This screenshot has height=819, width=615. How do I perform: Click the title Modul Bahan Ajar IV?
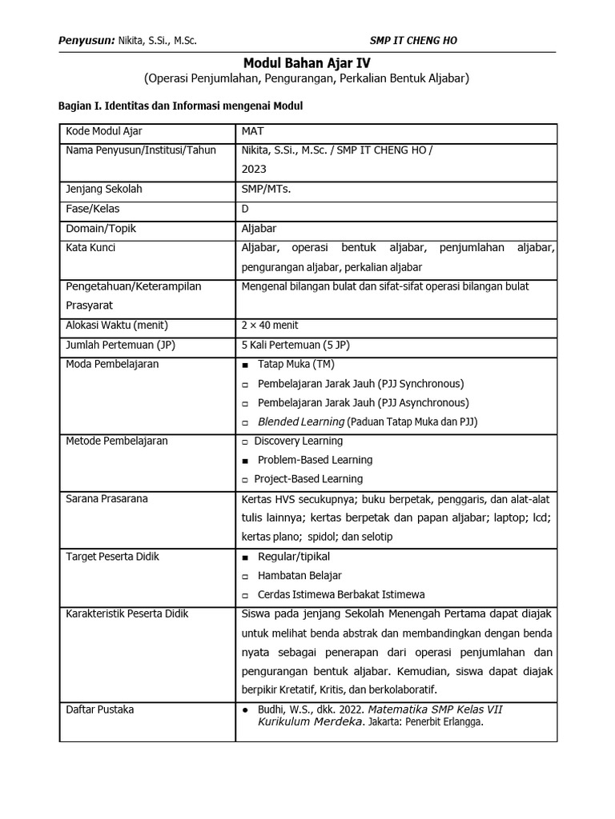click(x=307, y=62)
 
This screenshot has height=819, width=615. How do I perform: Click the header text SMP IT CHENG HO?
click(x=413, y=40)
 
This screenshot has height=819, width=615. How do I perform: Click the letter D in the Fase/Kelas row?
click(x=245, y=209)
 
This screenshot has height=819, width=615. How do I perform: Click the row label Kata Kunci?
click(x=90, y=247)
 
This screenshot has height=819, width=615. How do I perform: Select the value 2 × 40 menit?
click(x=269, y=325)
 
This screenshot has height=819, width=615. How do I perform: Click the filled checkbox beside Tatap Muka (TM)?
click(x=245, y=365)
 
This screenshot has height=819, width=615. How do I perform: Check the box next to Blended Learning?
click(x=245, y=422)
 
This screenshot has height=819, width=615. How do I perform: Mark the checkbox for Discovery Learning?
click(x=244, y=441)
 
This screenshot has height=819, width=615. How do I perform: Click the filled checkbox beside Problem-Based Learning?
click(x=245, y=461)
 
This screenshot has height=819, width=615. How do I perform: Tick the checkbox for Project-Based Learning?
click(x=244, y=480)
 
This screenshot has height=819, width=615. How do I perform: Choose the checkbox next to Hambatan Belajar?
click(x=245, y=576)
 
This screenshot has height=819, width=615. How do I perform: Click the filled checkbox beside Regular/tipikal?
click(x=245, y=557)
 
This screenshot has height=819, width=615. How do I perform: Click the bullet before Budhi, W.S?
click(x=245, y=710)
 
